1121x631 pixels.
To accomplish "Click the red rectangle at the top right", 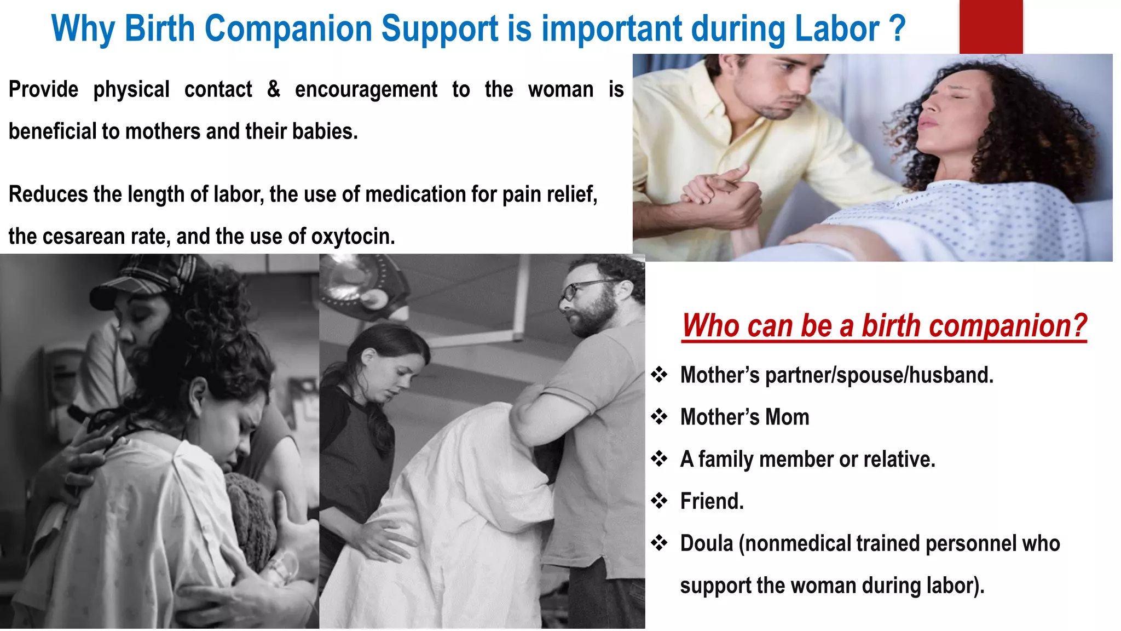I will (991, 26).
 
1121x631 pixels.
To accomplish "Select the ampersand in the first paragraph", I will (274, 89).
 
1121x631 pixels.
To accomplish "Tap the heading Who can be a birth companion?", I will (883, 326).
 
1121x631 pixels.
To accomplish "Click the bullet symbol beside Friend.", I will (659, 501).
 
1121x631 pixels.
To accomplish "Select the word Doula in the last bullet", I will (706, 543).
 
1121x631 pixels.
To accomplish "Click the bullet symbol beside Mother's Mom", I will (659, 417).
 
